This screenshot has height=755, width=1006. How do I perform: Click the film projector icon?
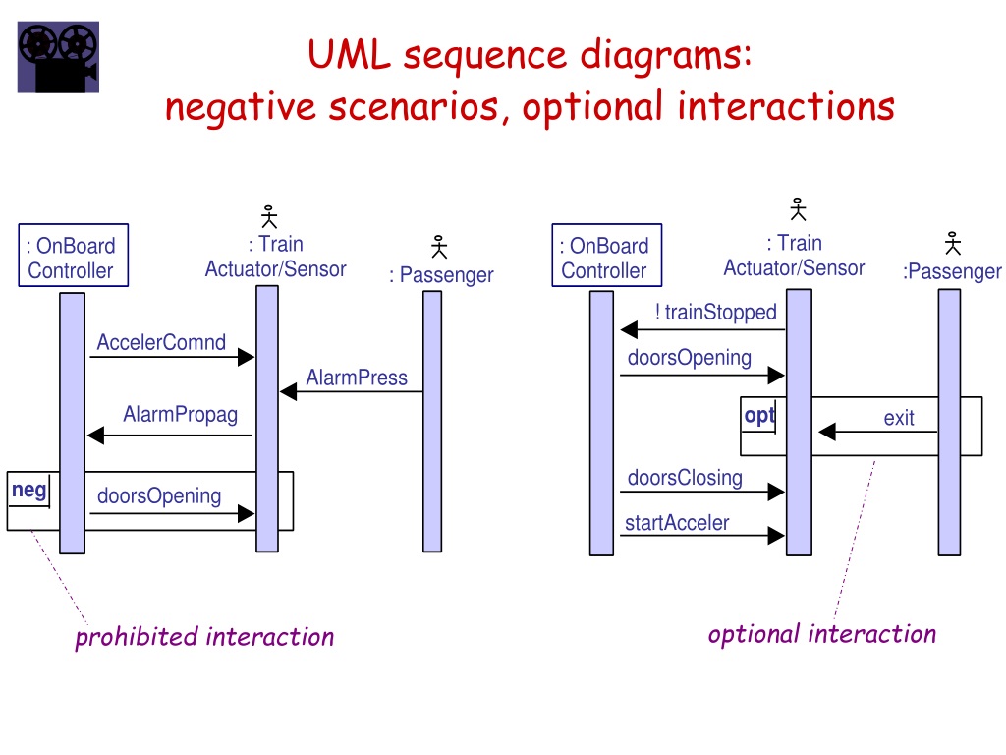(x=58, y=56)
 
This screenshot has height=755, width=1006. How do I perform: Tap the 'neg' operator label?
(x=28, y=491)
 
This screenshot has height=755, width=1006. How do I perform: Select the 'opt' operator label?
(x=759, y=416)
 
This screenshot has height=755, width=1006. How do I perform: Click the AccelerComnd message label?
(x=161, y=342)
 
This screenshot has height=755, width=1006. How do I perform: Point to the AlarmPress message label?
(x=357, y=377)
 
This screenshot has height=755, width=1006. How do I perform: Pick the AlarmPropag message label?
(x=181, y=415)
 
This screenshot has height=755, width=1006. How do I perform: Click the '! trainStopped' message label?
(x=716, y=312)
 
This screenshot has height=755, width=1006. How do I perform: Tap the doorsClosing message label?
(x=685, y=479)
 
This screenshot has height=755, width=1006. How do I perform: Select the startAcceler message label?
(x=677, y=523)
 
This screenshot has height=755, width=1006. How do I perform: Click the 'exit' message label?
(x=898, y=418)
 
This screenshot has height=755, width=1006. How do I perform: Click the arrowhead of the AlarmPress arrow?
(x=288, y=391)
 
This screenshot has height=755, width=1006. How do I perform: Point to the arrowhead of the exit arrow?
(x=827, y=432)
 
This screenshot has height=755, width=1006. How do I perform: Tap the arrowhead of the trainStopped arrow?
(x=629, y=330)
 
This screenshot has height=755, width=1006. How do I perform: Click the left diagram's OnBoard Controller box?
(x=73, y=255)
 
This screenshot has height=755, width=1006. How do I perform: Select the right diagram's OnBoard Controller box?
(x=607, y=255)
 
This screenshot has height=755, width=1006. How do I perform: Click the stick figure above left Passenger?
(x=439, y=247)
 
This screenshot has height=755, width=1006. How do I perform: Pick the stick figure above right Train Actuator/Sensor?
(x=798, y=209)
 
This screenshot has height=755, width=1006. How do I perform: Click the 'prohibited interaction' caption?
(x=204, y=637)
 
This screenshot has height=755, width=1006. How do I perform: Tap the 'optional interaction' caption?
(x=822, y=634)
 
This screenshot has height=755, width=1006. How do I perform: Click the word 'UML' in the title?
(x=349, y=54)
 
